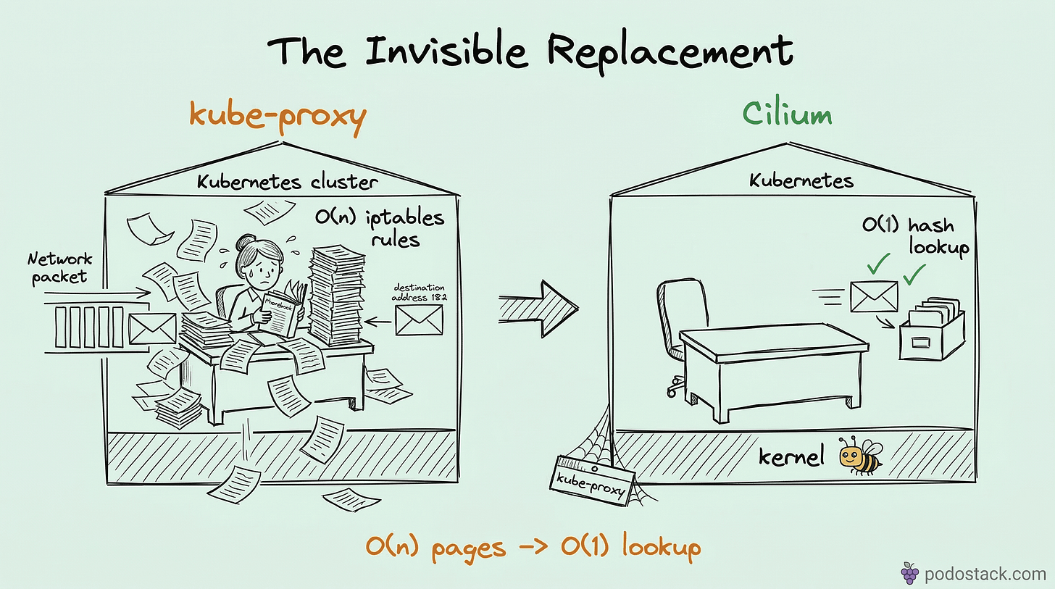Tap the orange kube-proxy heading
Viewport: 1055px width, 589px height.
point(278,118)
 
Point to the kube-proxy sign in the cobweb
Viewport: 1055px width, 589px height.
point(593,477)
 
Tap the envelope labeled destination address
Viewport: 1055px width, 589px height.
point(419,319)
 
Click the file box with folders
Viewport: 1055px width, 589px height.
point(931,330)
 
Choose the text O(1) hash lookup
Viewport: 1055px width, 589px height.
point(914,235)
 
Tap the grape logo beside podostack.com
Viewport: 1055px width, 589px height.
point(909,573)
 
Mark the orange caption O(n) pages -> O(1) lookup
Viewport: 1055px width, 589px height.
point(533,547)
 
